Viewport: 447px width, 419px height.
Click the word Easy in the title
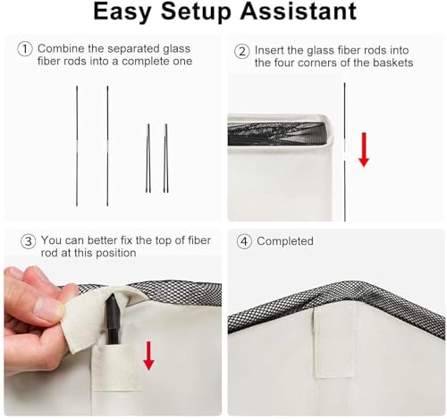click(122, 12)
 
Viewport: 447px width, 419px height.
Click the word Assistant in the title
click(299, 11)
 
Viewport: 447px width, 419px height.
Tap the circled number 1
click(25, 49)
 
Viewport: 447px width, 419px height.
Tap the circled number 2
click(241, 51)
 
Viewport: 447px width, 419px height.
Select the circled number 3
click(28, 241)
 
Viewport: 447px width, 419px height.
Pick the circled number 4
click(244, 241)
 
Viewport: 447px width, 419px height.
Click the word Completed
click(285, 241)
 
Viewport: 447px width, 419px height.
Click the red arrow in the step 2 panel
click(364, 149)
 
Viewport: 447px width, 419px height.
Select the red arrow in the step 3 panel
click(148, 356)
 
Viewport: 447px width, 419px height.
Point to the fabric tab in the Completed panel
click(334, 340)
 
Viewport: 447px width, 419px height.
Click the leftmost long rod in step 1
click(77, 146)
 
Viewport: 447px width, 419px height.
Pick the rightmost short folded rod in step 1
click(165, 158)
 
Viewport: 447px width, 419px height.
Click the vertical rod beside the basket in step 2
click(345, 152)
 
